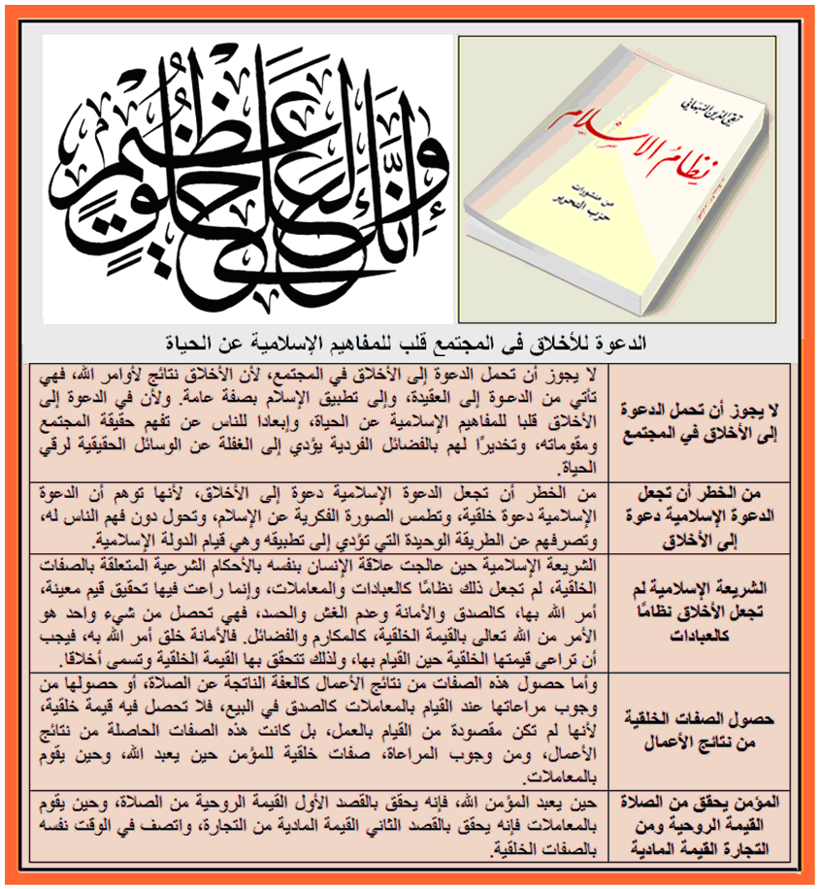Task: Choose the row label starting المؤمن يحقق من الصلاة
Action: [705, 827]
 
